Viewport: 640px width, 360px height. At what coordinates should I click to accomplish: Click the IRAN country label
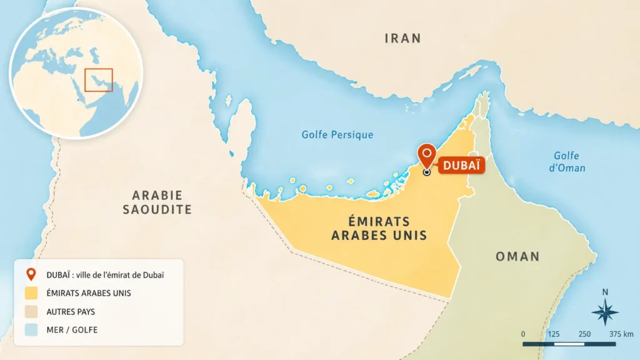point(402,39)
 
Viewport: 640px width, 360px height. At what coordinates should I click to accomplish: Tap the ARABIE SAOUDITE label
point(157,202)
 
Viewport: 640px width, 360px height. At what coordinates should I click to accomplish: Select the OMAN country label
point(517,256)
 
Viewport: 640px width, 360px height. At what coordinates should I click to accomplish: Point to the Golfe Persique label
point(337,134)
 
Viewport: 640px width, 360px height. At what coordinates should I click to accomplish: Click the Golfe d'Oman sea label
point(567,162)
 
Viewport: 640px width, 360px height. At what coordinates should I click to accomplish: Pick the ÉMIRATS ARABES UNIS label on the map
point(379,228)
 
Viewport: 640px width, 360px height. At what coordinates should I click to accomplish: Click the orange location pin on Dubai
point(427,154)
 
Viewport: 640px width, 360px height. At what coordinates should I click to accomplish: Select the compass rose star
point(604,312)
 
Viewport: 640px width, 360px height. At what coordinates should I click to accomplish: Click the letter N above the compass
point(604,292)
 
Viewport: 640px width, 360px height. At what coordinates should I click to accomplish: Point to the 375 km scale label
point(619,334)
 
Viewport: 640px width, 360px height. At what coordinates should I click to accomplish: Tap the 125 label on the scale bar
point(553,334)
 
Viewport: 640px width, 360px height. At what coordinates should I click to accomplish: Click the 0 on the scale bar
point(523,334)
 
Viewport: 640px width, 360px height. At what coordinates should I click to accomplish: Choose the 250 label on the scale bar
point(584,334)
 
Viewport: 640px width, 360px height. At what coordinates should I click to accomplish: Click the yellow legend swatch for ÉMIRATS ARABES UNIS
point(31,292)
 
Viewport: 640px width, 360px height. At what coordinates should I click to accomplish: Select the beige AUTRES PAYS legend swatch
point(31,311)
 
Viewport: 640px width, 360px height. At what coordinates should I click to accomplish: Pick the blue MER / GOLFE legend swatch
point(31,329)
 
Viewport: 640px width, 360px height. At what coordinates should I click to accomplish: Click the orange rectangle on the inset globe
point(99,80)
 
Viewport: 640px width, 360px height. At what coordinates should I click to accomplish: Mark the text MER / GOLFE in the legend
point(72,329)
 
